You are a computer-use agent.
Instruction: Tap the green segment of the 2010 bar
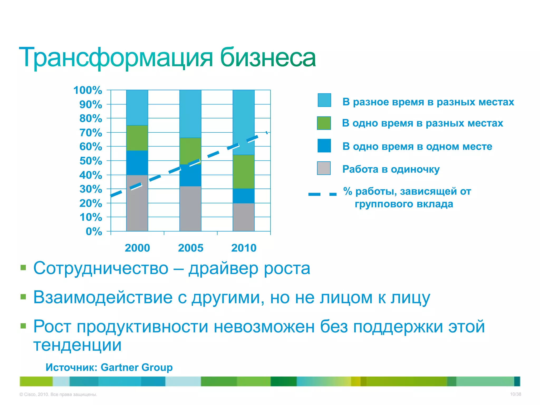click(244, 172)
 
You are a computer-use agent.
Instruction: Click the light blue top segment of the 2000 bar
click(137, 108)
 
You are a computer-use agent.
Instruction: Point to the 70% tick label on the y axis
click(91, 133)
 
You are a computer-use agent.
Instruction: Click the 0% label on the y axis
click(94, 232)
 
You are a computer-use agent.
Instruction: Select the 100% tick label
click(88, 90)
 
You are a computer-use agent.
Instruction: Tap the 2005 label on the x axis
click(191, 248)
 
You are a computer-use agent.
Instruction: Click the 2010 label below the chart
click(244, 248)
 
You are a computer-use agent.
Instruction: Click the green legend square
click(324, 123)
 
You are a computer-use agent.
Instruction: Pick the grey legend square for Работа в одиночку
click(324, 168)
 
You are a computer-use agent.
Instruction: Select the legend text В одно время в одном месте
click(417, 146)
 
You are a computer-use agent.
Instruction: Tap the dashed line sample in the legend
click(322, 194)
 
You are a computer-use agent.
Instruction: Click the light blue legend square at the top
click(324, 100)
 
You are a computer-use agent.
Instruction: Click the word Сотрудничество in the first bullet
click(101, 268)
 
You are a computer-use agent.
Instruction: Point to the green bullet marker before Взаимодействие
click(23, 297)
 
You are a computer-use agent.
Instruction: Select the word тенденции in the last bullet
click(77, 345)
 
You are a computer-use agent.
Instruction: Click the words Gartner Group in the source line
click(137, 367)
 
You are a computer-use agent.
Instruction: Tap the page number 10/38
click(515, 394)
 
